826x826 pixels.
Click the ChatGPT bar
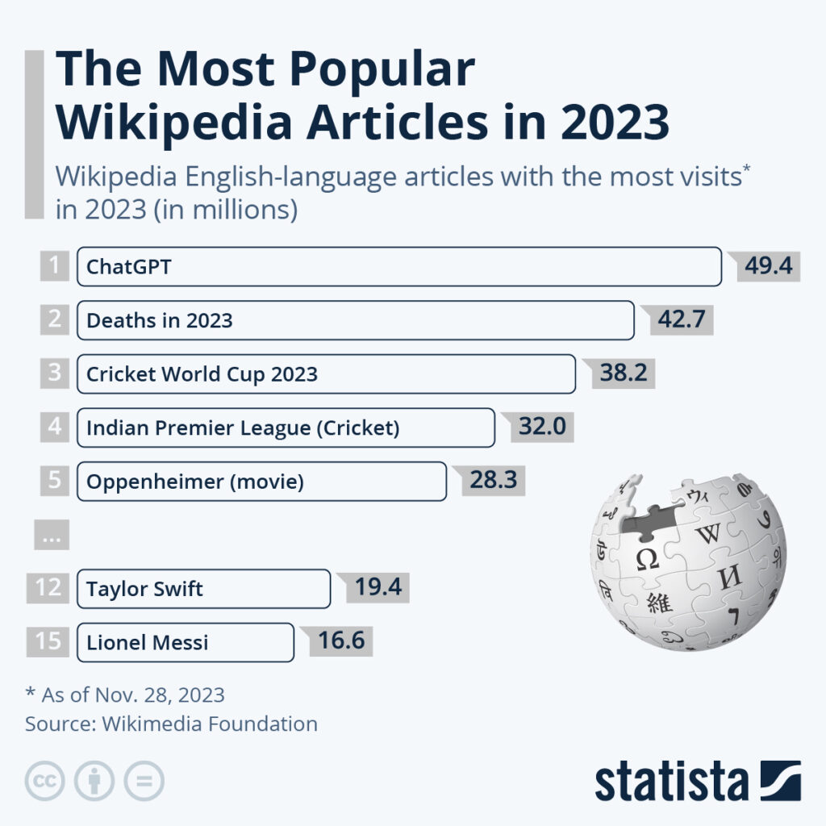click(398, 267)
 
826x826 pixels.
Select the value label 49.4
click(767, 266)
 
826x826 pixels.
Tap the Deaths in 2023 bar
click(355, 320)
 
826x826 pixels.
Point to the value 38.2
click(623, 373)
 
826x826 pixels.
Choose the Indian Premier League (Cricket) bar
click(286, 428)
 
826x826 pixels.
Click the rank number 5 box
click(54, 481)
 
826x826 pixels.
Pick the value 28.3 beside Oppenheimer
click(493, 481)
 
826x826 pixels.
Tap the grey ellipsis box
click(52, 536)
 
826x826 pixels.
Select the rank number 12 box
click(48, 588)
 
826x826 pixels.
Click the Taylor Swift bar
click(203, 589)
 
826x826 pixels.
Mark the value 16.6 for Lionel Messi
click(340, 642)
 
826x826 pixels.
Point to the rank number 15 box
click(48, 642)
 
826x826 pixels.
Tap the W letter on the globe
click(707, 533)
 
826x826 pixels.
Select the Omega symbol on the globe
click(648, 559)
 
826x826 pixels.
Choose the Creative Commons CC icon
click(44, 781)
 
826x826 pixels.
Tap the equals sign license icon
click(144, 781)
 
